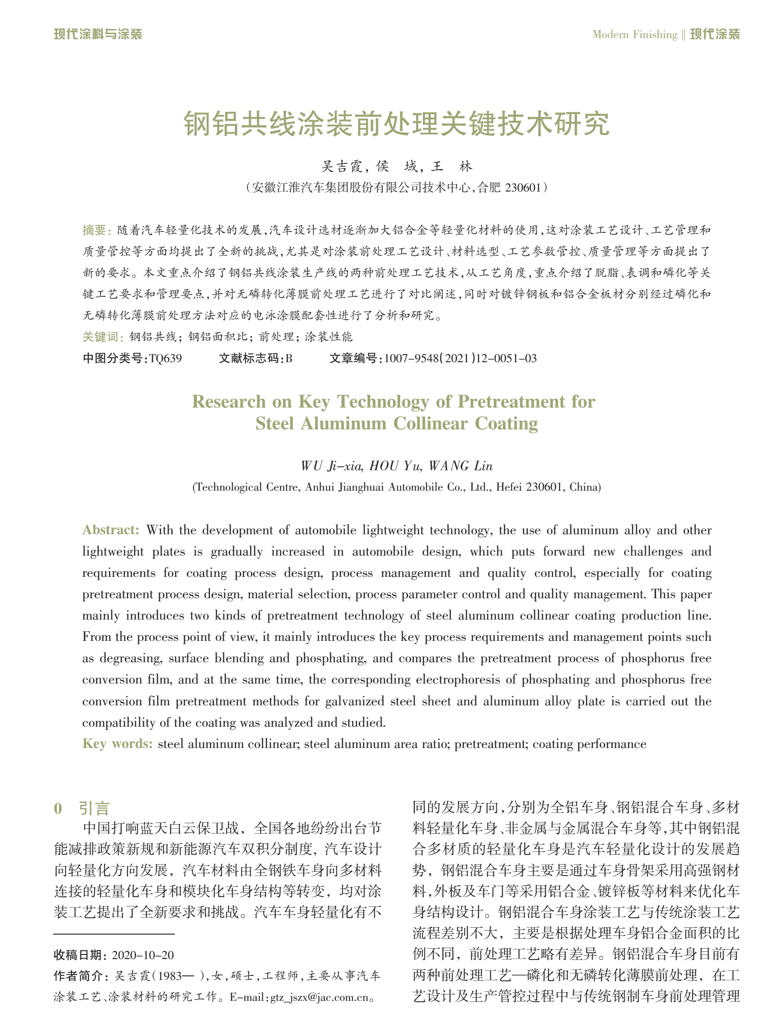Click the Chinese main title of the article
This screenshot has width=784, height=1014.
coord(396,124)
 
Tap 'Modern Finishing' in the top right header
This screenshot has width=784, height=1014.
coord(635,34)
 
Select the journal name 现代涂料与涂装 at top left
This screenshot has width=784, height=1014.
coord(98,34)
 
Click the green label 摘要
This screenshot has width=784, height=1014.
coord(96,230)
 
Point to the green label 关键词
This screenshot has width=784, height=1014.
coord(102,337)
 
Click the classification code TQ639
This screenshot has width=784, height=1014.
coord(165,359)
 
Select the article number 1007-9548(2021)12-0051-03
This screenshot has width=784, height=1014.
coord(460,359)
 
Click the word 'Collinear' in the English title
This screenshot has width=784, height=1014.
coord(430,423)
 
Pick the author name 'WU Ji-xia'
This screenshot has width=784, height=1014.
coord(331,466)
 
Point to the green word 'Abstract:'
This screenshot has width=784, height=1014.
coord(111,530)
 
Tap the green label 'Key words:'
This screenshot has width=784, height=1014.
coord(117,744)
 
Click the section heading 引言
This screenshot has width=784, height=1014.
coord(94,808)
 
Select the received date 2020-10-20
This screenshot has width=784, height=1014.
coord(143,955)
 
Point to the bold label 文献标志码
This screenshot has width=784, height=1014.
coord(249,359)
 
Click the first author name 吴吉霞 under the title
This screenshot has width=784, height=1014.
coord(342,166)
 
